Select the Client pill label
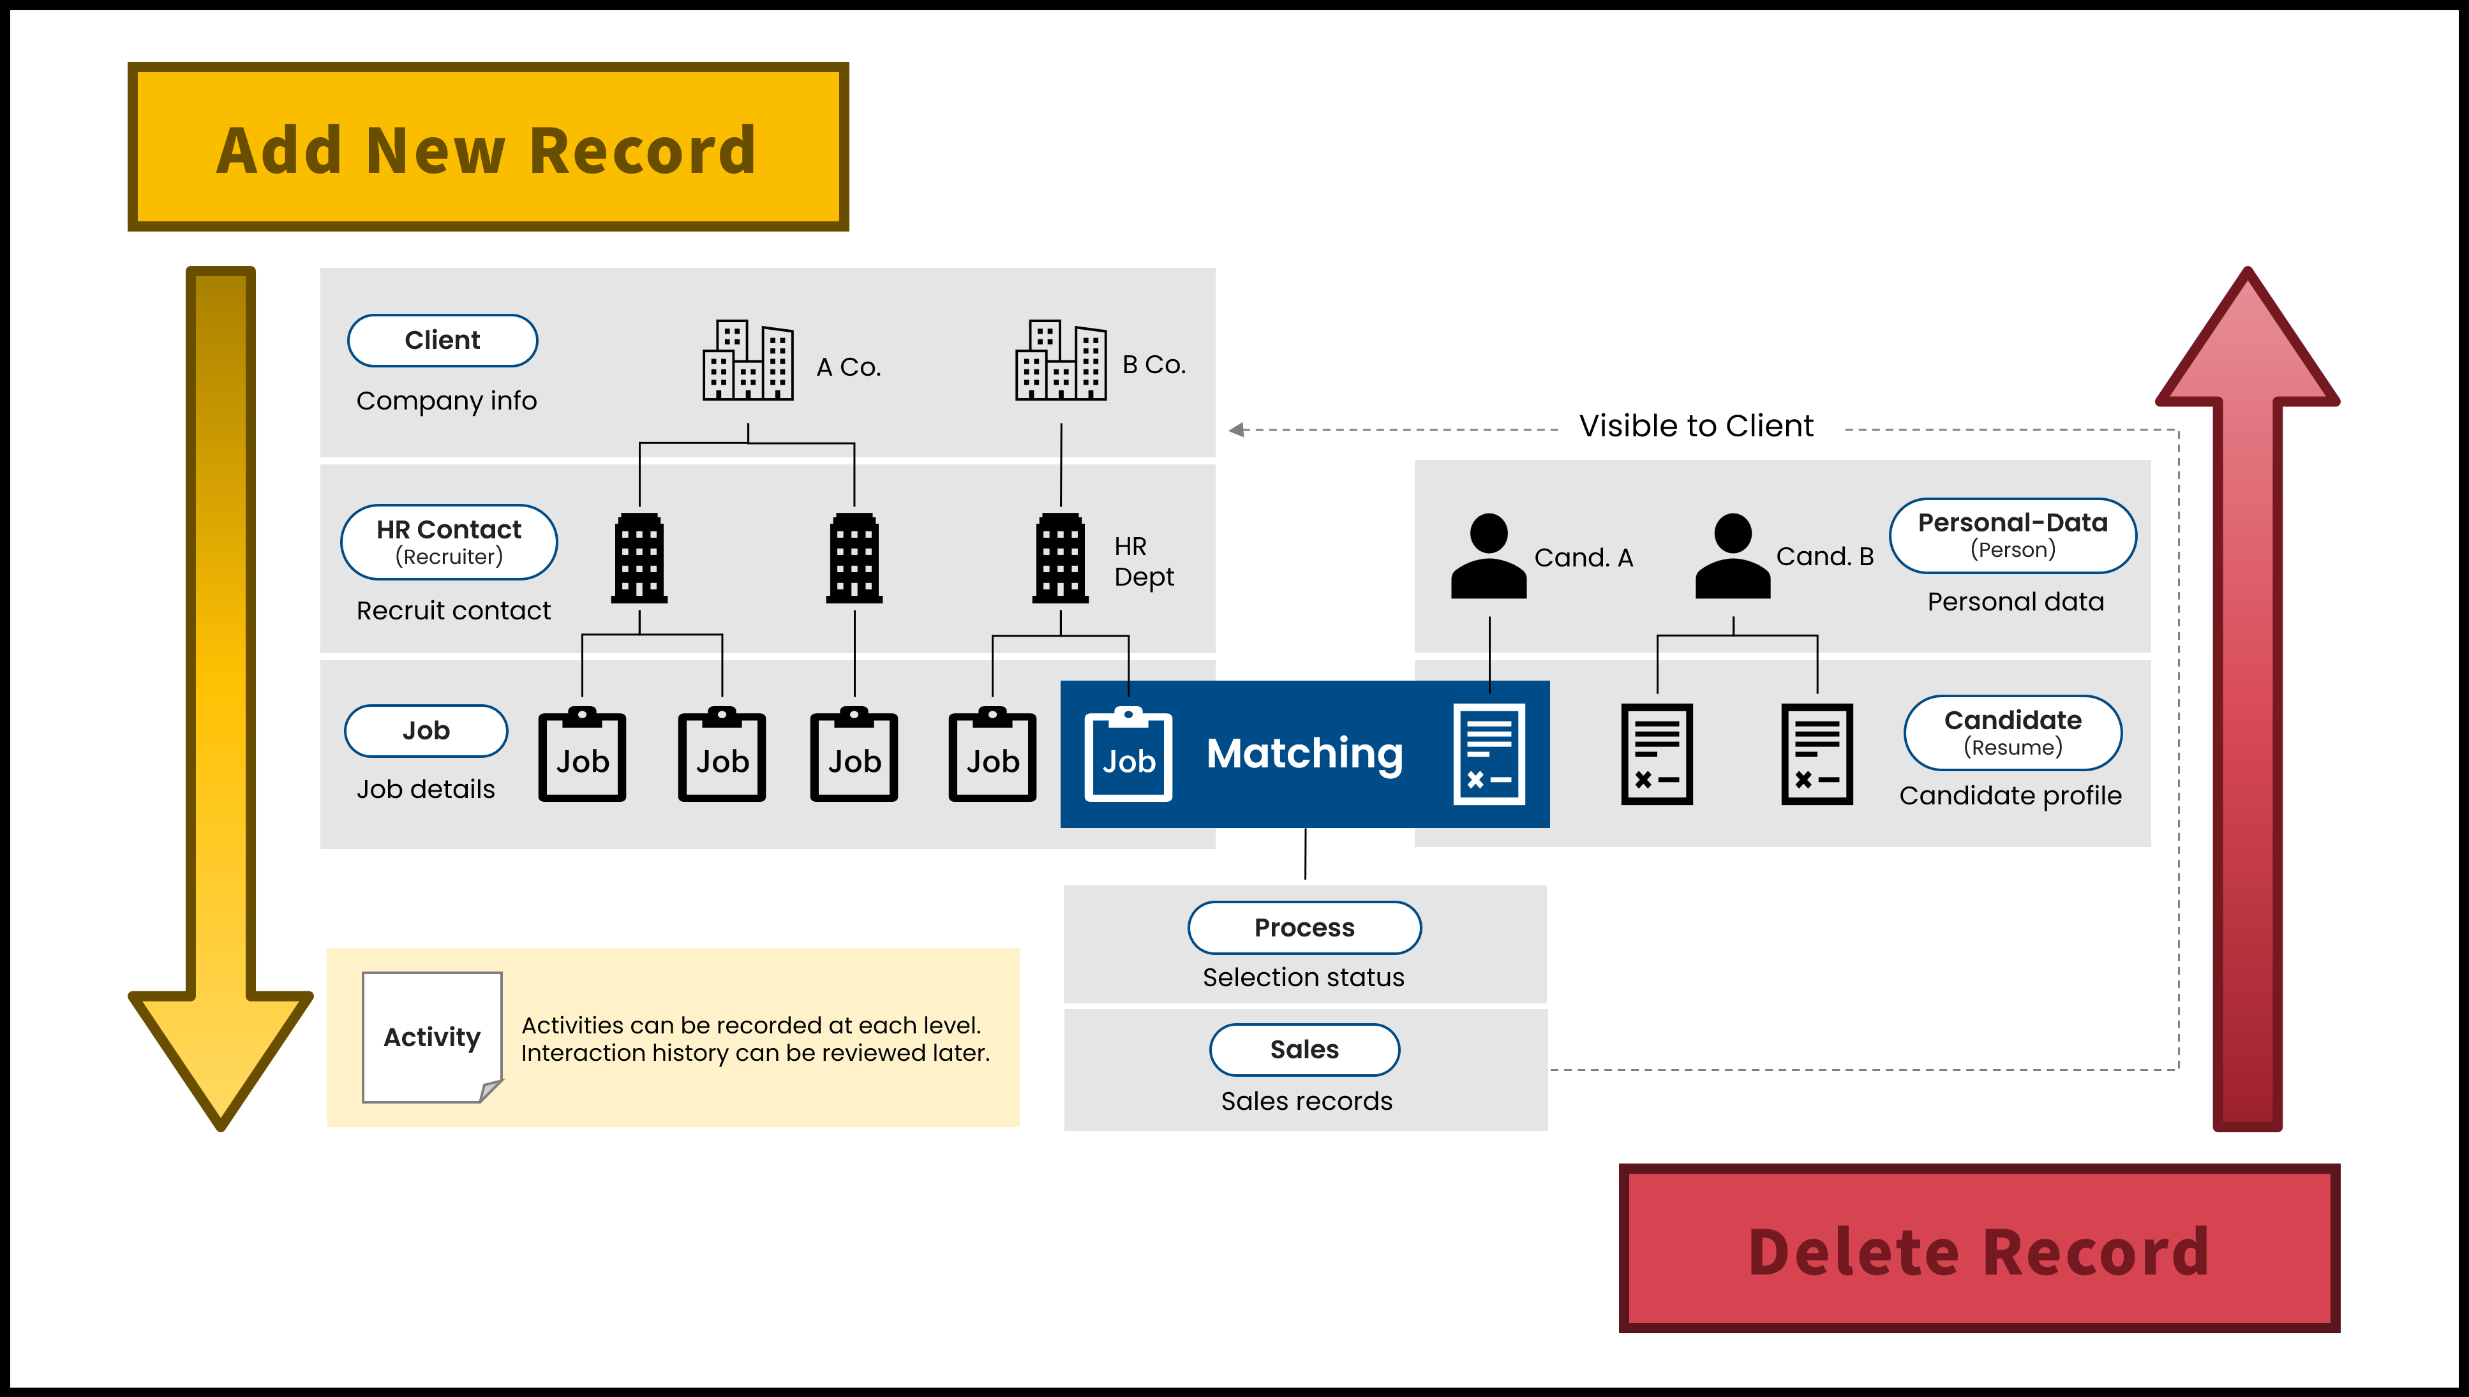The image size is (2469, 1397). [x=442, y=341]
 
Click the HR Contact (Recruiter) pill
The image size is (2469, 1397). [x=449, y=542]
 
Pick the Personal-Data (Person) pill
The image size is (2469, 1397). [x=2012, y=535]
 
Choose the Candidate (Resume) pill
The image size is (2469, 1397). [x=2012, y=733]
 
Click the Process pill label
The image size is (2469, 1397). [x=1304, y=928]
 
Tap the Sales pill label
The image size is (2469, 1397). [x=1304, y=1050]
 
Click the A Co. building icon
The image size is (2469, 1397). [x=747, y=361]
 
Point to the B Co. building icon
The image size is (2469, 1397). [x=1061, y=361]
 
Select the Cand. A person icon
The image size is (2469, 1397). [x=1488, y=556]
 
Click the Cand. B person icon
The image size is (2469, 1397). [x=1732, y=556]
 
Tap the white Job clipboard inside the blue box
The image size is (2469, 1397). [x=1128, y=755]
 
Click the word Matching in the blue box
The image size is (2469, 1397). [x=1304, y=753]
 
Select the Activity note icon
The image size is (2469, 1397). [x=432, y=1037]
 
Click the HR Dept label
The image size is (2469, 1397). [x=1143, y=561]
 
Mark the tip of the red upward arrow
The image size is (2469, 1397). [x=2248, y=274]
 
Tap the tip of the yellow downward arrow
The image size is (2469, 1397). [x=221, y=1125]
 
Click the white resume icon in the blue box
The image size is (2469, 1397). [x=1488, y=754]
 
